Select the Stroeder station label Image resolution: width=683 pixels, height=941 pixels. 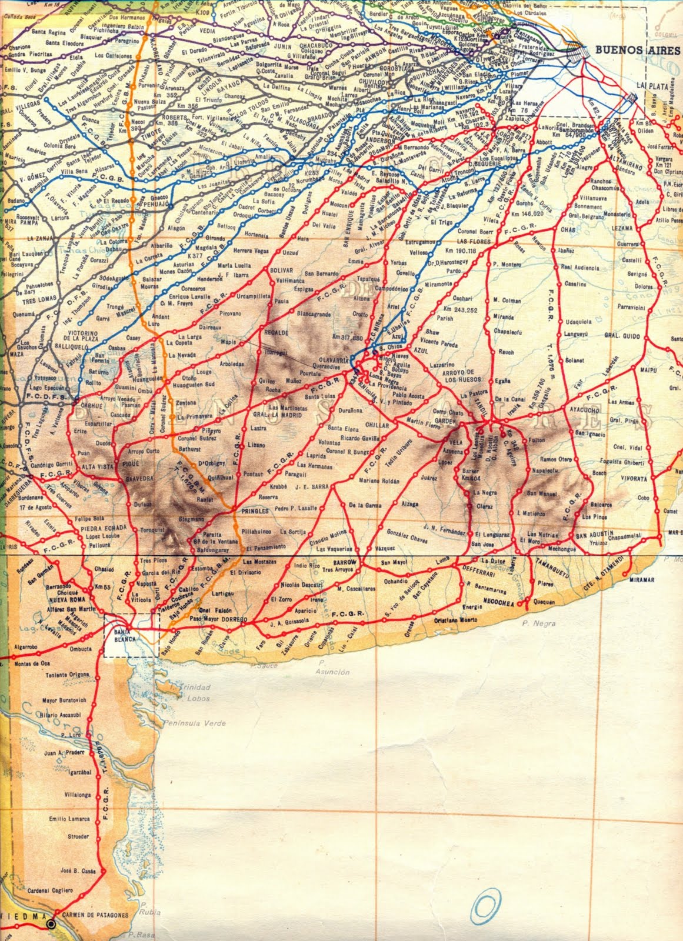(x=78, y=836)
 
